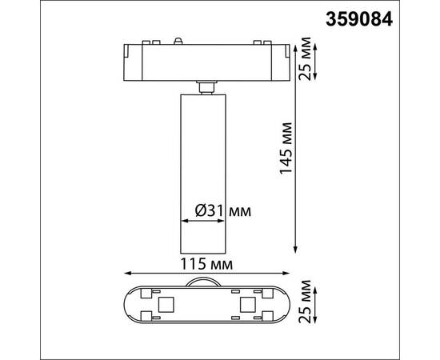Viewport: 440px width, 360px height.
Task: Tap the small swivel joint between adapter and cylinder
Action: (x=206, y=86)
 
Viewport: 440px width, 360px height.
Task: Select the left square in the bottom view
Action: (x=167, y=304)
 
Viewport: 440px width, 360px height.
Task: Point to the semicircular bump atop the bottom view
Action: (x=206, y=281)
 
